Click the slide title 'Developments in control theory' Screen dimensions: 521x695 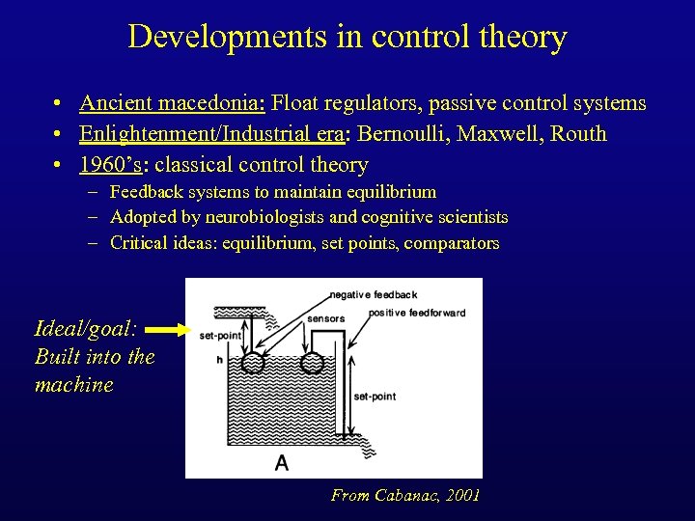[x=347, y=37]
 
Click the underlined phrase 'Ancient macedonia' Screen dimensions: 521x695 [x=173, y=103]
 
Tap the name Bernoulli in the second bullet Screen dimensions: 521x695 [x=403, y=134]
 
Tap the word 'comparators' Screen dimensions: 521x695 [x=451, y=243]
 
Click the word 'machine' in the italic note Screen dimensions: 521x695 [x=73, y=384]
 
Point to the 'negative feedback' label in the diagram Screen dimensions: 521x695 [x=374, y=294]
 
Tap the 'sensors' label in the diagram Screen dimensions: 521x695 [x=325, y=318]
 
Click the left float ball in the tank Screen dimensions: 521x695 [x=254, y=363]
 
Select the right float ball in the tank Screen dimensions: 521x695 [x=313, y=365]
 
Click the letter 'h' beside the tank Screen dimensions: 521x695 [x=219, y=360]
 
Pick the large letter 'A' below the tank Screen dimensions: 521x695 [x=281, y=463]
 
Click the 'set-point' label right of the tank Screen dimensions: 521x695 [x=375, y=397]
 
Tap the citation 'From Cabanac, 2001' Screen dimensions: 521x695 [x=405, y=495]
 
